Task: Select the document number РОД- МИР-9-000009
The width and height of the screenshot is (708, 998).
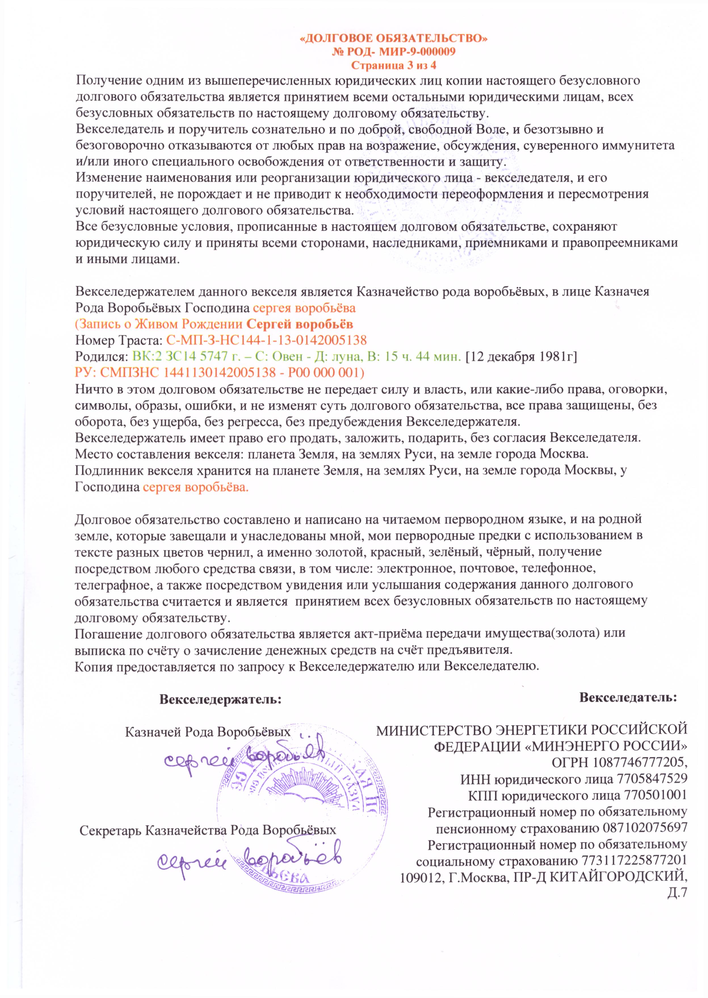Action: [400, 52]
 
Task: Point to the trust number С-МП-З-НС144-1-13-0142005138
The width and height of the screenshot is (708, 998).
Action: [266, 340]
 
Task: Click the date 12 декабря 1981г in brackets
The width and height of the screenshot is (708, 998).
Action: [521, 357]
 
